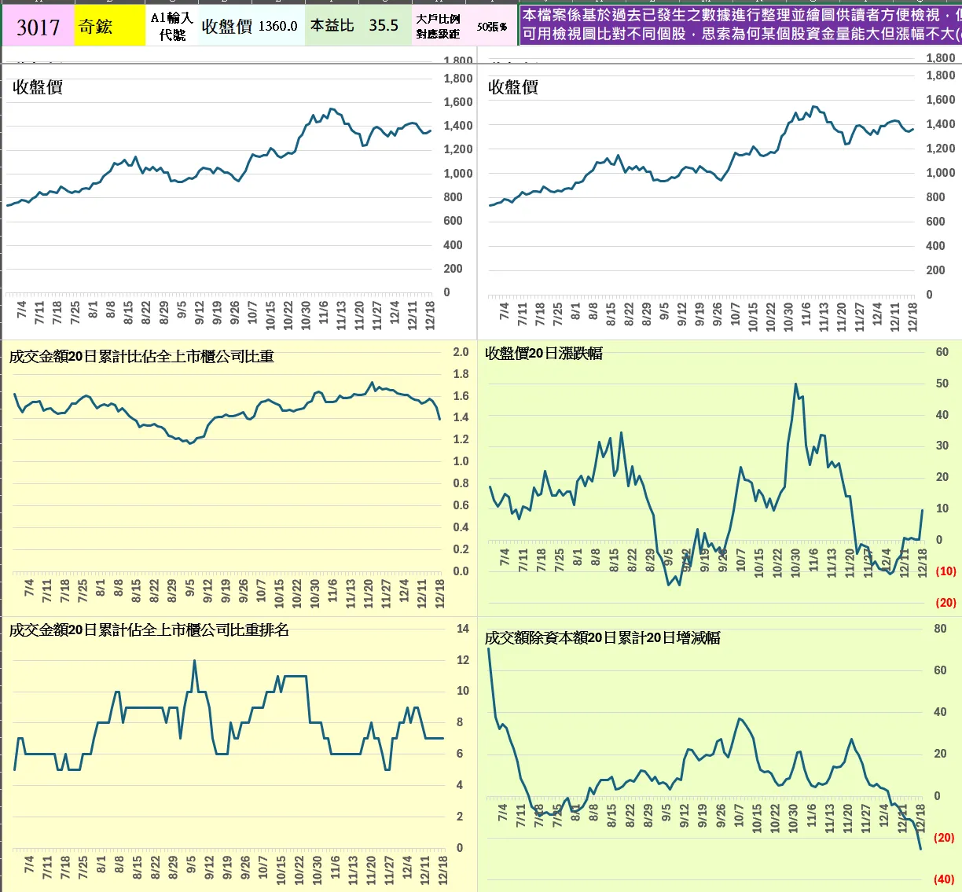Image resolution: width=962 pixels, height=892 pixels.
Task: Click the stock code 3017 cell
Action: click(38, 27)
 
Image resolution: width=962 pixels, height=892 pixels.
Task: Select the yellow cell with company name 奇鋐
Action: click(95, 27)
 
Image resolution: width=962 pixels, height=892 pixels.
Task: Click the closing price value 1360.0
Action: click(277, 26)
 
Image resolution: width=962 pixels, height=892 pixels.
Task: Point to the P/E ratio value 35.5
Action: click(384, 25)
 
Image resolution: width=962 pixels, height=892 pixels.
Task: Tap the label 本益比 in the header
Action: click(332, 25)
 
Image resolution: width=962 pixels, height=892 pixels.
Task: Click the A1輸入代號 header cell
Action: click(171, 26)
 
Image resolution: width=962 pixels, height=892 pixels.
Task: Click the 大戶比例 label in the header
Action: click(438, 19)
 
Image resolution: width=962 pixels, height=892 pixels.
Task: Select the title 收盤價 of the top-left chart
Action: click(38, 87)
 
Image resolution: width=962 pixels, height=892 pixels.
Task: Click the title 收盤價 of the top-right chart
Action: click(513, 87)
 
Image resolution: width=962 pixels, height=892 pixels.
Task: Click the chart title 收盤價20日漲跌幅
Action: click(544, 354)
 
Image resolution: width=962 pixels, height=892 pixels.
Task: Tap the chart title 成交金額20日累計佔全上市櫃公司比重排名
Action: click(149, 630)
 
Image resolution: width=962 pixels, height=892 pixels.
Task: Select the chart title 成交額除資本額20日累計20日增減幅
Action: click(602, 638)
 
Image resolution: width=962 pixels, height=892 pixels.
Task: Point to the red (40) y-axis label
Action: click(944, 879)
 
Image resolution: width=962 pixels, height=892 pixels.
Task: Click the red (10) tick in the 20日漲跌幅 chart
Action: click(945, 571)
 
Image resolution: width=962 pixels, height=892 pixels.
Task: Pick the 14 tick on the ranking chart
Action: click(463, 629)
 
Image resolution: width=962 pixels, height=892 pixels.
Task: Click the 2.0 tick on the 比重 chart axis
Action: click(461, 352)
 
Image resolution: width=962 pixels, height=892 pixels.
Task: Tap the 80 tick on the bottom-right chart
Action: click(940, 629)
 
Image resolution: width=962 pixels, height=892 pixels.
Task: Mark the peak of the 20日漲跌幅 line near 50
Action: click(796, 384)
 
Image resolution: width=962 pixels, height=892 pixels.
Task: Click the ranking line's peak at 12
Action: click(195, 661)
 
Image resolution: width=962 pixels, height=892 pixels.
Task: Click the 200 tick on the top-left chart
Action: click(453, 269)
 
